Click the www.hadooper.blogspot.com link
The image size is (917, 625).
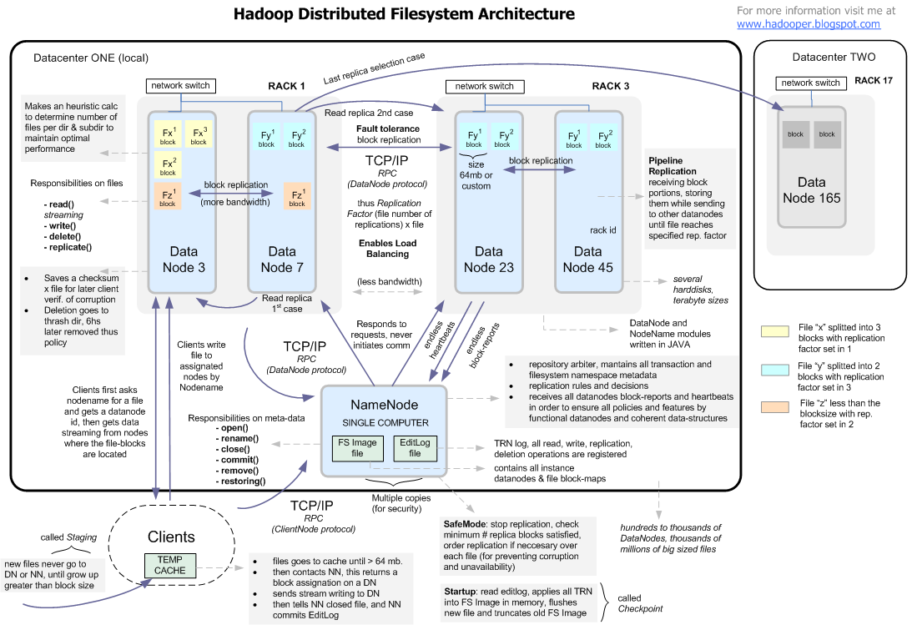[x=809, y=24]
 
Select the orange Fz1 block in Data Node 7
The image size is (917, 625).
[x=297, y=197]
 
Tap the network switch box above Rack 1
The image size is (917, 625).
[x=180, y=85]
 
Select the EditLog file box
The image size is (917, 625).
[x=415, y=448]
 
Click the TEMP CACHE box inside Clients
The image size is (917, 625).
[x=171, y=564]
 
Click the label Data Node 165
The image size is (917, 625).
[x=811, y=190]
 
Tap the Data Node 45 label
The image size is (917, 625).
[x=587, y=259]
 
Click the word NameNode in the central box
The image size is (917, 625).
[x=385, y=405]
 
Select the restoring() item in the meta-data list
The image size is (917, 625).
[x=242, y=481]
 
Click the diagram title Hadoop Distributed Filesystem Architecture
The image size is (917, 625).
[x=404, y=14]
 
